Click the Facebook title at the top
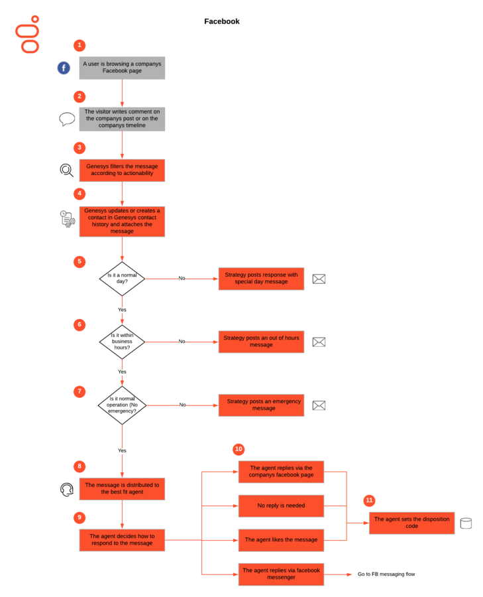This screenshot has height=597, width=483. [222, 21]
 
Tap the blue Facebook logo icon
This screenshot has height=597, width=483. [64, 68]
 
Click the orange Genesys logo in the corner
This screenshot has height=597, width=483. [28, 34]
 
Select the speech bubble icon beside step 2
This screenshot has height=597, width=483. [67, 119]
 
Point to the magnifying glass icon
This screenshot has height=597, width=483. [66, 170]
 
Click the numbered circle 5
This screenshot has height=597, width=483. [80, 261]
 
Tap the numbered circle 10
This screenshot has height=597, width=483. [239, 449]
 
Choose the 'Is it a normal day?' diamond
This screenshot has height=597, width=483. [122, 279]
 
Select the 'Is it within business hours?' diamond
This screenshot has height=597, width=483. [122, 342]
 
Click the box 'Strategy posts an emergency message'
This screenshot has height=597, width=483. [261, 405]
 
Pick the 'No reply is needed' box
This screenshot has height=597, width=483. [281, 506]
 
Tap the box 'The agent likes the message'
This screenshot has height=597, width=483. [281, 540]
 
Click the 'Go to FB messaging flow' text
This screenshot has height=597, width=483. [386, 574]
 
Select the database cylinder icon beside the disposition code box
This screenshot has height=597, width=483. [466, 523]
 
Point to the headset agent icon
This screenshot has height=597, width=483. [67, 490]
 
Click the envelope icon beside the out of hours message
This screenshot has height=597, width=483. [319, 342]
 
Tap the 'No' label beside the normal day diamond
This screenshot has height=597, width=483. [182, 279]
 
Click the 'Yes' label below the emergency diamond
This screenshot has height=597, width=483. [122, 450]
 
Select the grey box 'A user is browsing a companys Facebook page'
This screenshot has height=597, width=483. [122, 68]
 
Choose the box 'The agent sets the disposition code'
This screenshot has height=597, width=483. [412, 523]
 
